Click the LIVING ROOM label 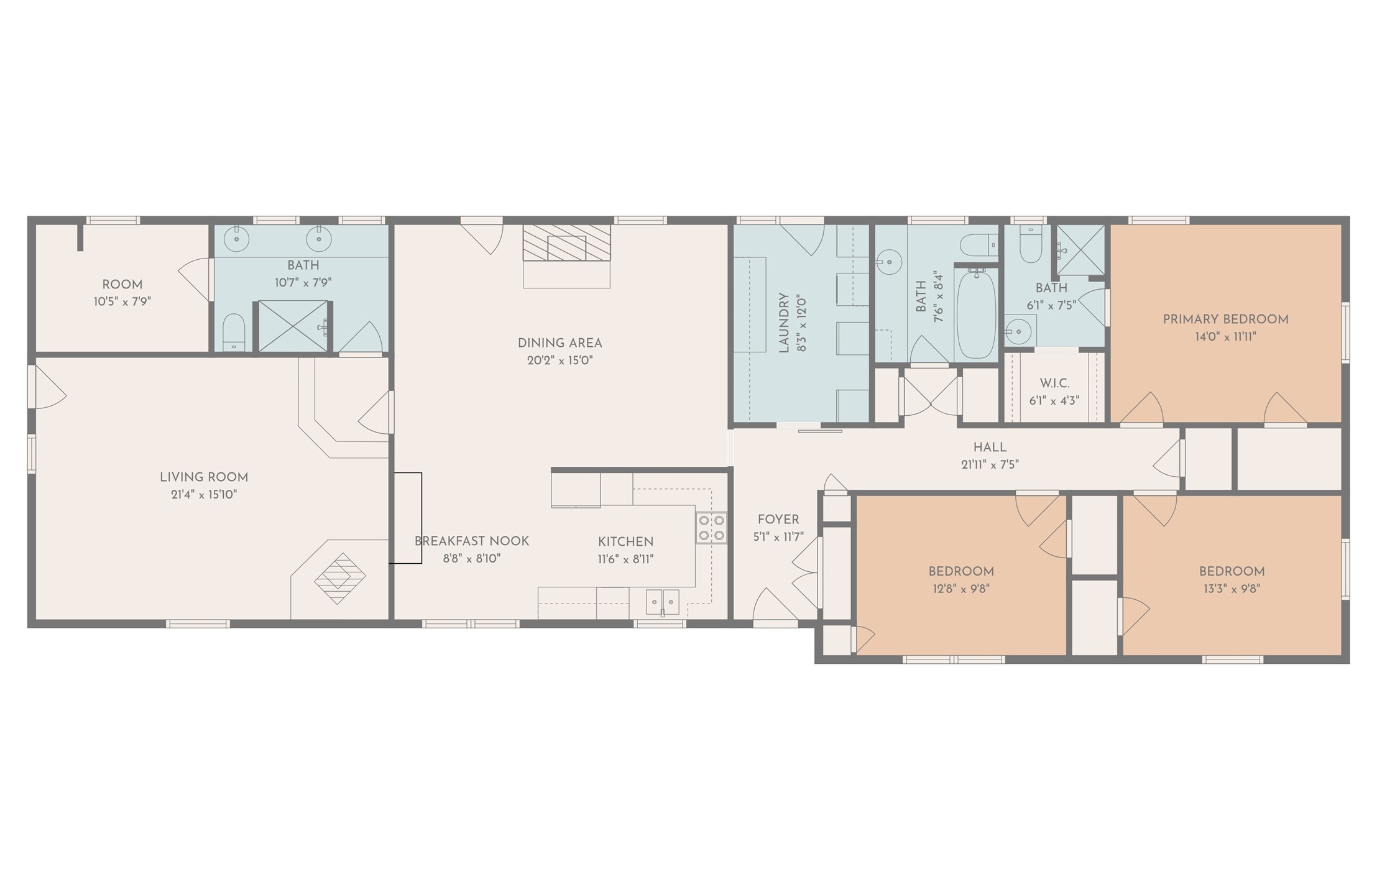tap(204, 477)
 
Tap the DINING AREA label tap(560, 342)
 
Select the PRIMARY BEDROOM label tap(1226, 319)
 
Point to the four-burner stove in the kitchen tap(711, 528)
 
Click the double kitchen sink tap(662, 602)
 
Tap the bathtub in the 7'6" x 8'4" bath tap(975, 314)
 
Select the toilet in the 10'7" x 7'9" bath tap(234, 332)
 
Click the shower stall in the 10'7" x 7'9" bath tap(293, 326)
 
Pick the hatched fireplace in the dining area tap(566, 243)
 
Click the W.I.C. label tap(1054, 384)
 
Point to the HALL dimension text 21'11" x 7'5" tap(990, 464)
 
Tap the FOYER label tap(778, 519)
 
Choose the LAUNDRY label tap(784, 323)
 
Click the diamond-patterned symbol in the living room tap(340, 578)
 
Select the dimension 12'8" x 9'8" tap(961, 589)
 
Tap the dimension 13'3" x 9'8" tap(1232, 589)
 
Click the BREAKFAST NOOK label tap(472, 541)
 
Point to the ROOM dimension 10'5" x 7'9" tap(122, 302)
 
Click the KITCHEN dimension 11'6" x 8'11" tap(626, 559)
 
